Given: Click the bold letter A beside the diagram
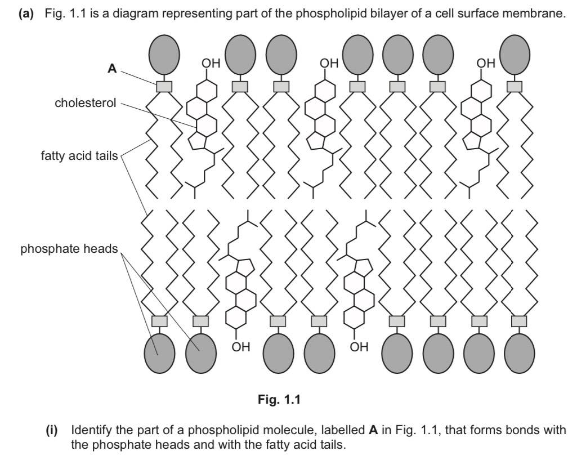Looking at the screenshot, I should tap(112, 69).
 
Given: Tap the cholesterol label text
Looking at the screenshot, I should tap(85, 103).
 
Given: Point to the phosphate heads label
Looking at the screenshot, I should tap(69, 248).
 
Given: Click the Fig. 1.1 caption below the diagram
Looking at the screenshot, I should tap(280, 400).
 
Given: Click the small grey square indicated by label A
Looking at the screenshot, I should tap(164, 87).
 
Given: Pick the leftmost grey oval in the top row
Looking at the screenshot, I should tap(164, 55).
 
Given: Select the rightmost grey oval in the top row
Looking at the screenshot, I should tap(515, 55).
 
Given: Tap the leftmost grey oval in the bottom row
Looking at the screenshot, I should tap(160, 353).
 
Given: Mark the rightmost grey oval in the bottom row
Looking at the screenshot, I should tap(519, 353).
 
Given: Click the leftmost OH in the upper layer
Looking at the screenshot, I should tap(211, 64).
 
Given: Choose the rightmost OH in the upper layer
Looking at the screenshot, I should tap(486, 64).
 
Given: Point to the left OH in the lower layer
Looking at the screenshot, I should tap(241, 347).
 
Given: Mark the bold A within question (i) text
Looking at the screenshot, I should tap(372, 431).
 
